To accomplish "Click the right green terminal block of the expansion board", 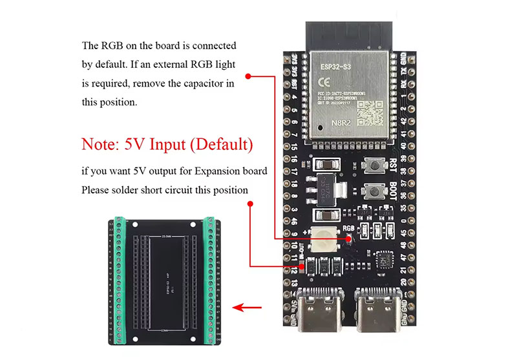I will point(210,277).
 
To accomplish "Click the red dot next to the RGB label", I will point(349,238).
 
